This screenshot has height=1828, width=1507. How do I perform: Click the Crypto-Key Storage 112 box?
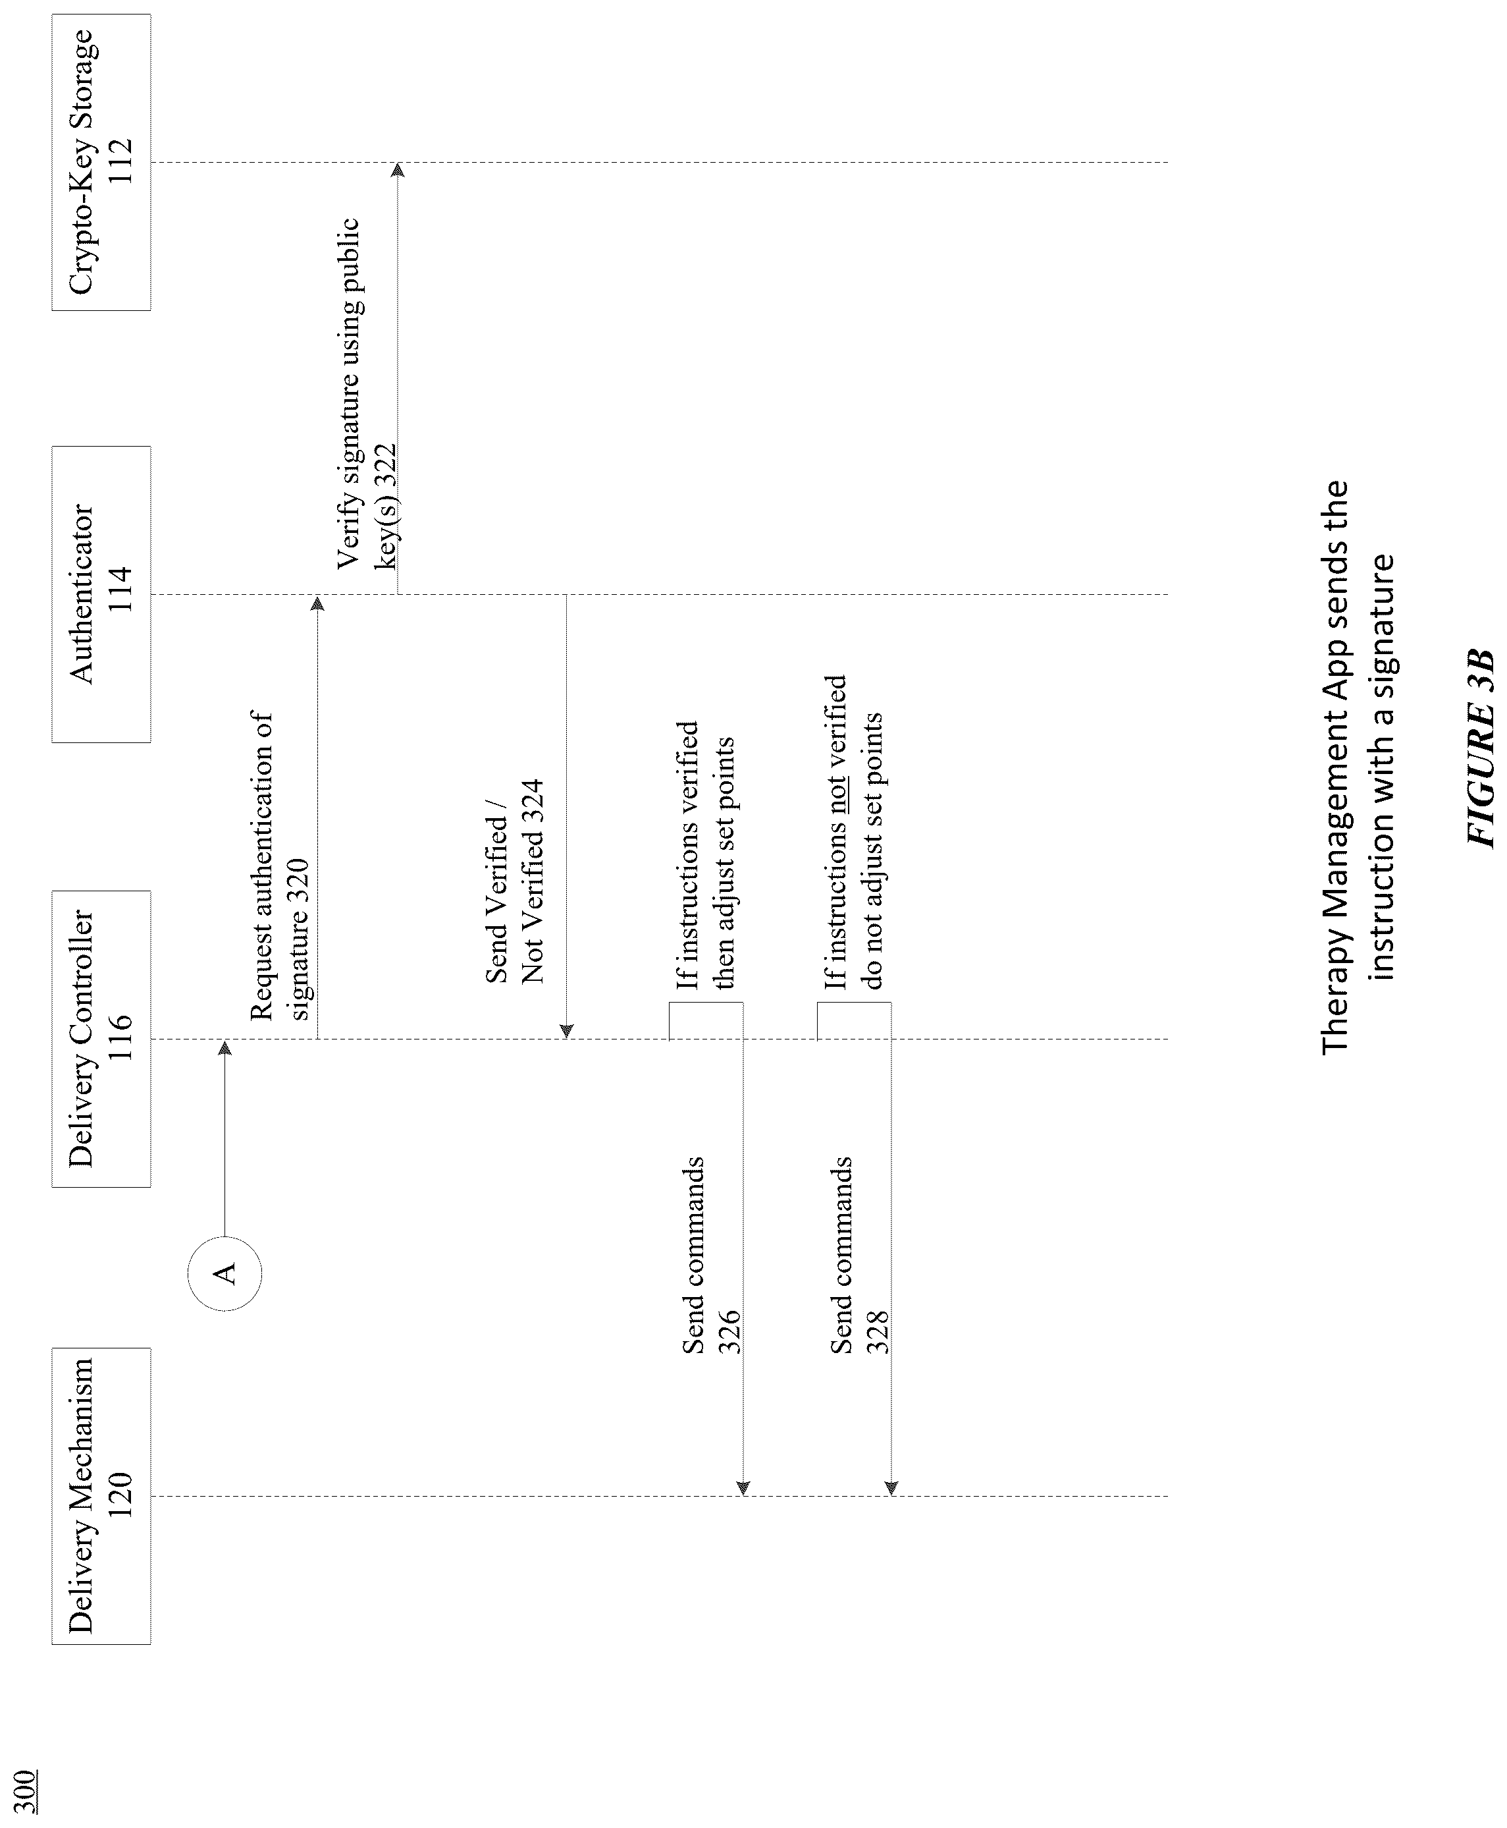(x=101, y=163)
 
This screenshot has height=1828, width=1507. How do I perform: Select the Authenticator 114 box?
(x=101, y=594)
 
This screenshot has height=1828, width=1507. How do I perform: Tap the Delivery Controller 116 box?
(x=101, y=1039)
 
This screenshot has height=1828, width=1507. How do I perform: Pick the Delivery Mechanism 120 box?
(x=101, y=1495)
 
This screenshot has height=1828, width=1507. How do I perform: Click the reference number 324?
(x=532, y=803)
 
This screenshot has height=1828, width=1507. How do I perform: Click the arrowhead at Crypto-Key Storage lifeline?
(x=398, y=169)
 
